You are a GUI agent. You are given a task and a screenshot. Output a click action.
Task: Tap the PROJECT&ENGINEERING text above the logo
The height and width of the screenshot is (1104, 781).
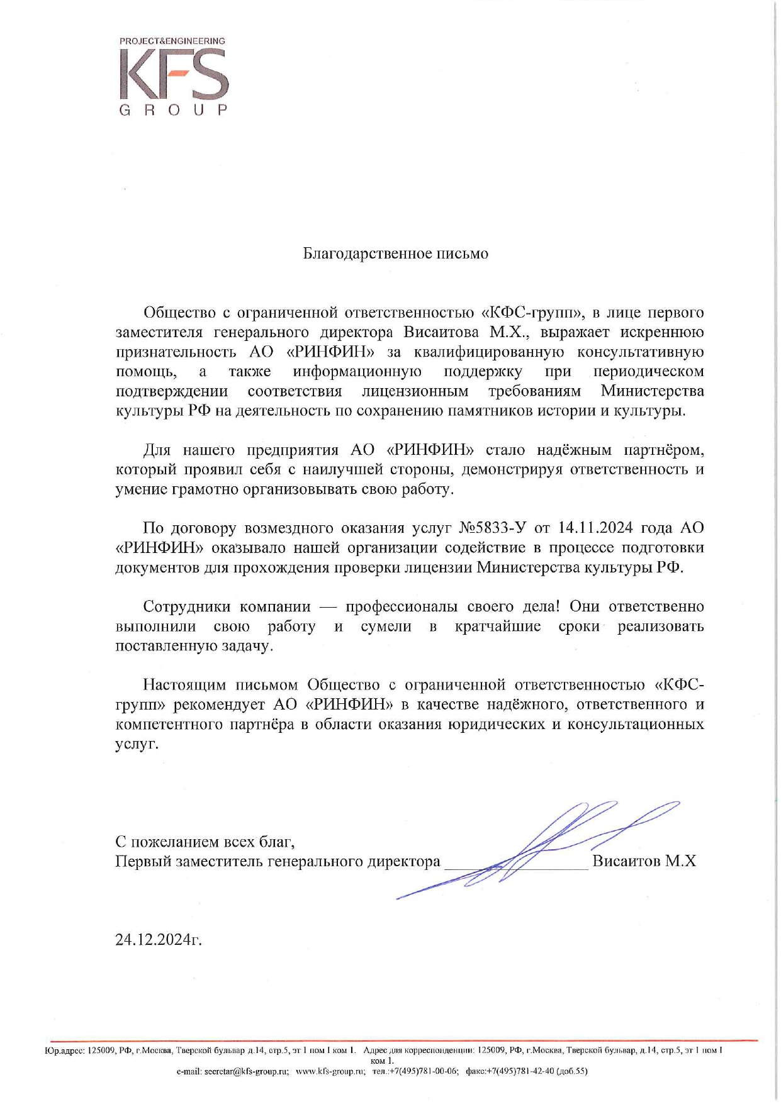172,41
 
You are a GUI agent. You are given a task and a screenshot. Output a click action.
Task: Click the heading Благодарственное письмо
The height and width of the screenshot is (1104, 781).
395,254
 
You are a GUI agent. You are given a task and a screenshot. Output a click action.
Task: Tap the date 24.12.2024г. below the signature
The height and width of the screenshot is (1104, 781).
159,939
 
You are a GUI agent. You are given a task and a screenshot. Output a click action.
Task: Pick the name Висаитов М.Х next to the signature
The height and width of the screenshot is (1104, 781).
644,861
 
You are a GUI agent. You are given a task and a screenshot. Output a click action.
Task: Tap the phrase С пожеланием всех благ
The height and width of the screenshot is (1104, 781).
205,842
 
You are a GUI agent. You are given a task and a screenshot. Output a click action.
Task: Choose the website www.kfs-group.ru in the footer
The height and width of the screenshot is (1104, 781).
330,1071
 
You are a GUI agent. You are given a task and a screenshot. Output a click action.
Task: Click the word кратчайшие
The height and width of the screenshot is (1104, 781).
497,627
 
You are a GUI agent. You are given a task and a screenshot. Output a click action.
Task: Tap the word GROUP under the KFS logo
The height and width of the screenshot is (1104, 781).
173,110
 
